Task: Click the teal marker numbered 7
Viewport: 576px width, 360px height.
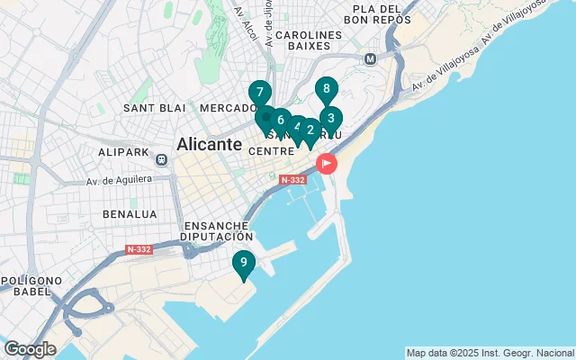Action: [x=259, y=93]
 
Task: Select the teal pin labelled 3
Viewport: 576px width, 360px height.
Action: [x=330, y=118]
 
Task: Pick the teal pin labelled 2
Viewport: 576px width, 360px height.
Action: [x=310, y=130]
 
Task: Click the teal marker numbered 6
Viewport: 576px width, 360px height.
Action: [x=281, y=121]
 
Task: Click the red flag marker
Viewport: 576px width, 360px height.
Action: [x=325, y=164]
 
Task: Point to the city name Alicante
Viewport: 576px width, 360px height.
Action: [x=210, y=144]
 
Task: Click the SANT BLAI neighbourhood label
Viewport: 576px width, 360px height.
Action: [x=154, y=108]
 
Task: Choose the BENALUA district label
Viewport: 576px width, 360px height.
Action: [x=130, y=214]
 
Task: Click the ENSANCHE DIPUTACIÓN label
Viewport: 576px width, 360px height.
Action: [x=218, y=230]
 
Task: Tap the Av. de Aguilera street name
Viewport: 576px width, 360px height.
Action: [x=117, y=181]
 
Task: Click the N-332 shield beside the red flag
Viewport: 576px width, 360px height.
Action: [x=293, y=180]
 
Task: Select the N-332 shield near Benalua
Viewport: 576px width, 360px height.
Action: [x=139, y=249]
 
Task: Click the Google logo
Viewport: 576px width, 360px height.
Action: [x=30, y=349]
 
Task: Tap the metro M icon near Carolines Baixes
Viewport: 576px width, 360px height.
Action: [x=369, y=59]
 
